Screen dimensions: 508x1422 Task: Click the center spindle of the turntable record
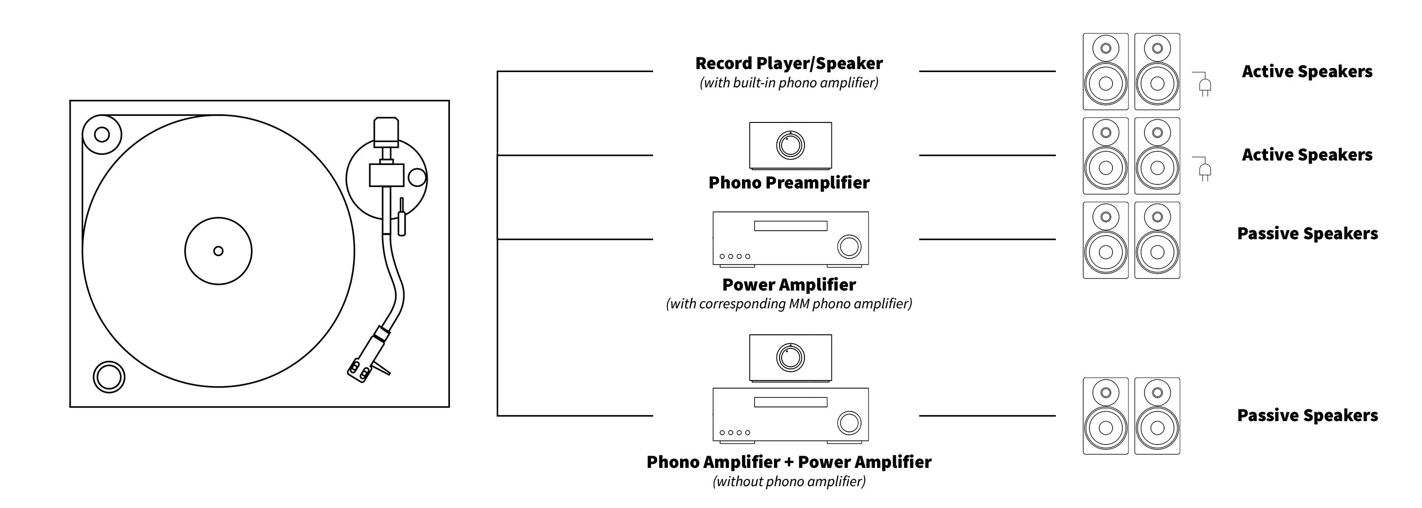coord(218,251)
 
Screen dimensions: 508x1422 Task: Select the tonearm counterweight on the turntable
coord(386,132)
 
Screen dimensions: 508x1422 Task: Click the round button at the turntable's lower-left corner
coord(109,377)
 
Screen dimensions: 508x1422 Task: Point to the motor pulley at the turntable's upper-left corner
coord(102,134)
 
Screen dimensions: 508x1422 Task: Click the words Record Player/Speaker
coord(788,63)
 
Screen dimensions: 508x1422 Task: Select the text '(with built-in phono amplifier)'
coord(788,83)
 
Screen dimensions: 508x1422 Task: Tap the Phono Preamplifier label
coord(788,183)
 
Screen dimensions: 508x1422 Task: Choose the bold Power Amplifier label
coord(788,285)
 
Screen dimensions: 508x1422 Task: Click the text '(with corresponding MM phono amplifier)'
coord(788,304)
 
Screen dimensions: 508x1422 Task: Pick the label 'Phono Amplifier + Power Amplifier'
coord(788,462)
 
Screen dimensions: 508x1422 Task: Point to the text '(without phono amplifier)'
coord(788,482)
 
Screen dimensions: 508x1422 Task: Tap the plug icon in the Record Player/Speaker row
coord(1205,85)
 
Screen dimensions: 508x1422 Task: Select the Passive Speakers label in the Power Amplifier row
coord(1307,234)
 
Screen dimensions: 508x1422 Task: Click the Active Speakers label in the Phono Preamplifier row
coord(1307,155)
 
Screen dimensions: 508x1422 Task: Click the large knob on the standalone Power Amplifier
coord(849,247)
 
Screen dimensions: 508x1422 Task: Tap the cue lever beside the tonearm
coord(401,218)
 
